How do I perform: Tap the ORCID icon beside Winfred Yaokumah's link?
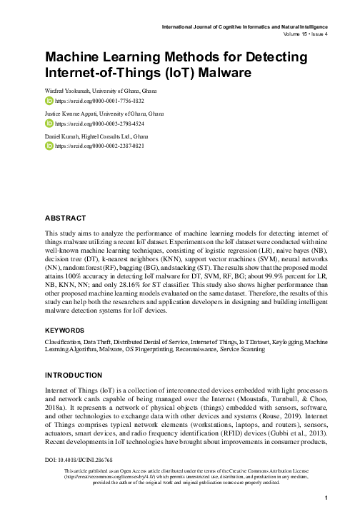tap(49, 102)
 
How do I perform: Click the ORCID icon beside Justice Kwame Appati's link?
tap(49, 124)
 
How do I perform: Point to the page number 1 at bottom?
tap(325, 498)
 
